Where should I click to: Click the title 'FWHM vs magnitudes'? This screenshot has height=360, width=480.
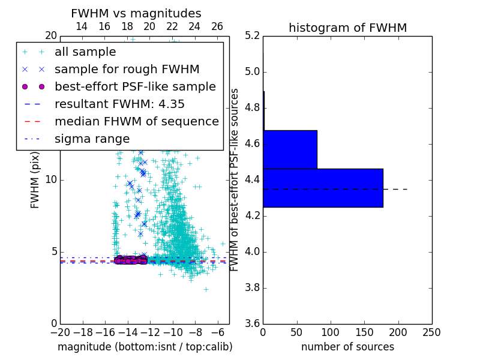[136, 13]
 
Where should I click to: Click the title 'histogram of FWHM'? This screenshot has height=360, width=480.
[347, 28]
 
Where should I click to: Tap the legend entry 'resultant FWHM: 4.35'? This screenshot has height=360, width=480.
[119, 104]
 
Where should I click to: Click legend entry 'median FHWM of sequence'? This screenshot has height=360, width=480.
[136, 121]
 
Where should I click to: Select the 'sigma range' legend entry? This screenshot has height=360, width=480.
[92, 139]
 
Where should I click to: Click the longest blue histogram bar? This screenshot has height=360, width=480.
[323, 188]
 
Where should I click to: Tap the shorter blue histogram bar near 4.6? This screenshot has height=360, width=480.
[290, 149]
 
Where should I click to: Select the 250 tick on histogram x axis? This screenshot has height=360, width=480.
[431, 332]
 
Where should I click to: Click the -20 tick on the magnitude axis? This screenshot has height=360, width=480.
[59, 332]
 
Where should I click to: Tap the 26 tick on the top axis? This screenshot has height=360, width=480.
[217, 26]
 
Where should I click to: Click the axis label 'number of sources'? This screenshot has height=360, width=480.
[347, 347]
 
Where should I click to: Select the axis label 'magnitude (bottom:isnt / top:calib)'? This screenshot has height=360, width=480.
[145, 347]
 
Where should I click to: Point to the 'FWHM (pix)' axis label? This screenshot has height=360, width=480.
[35, 179]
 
